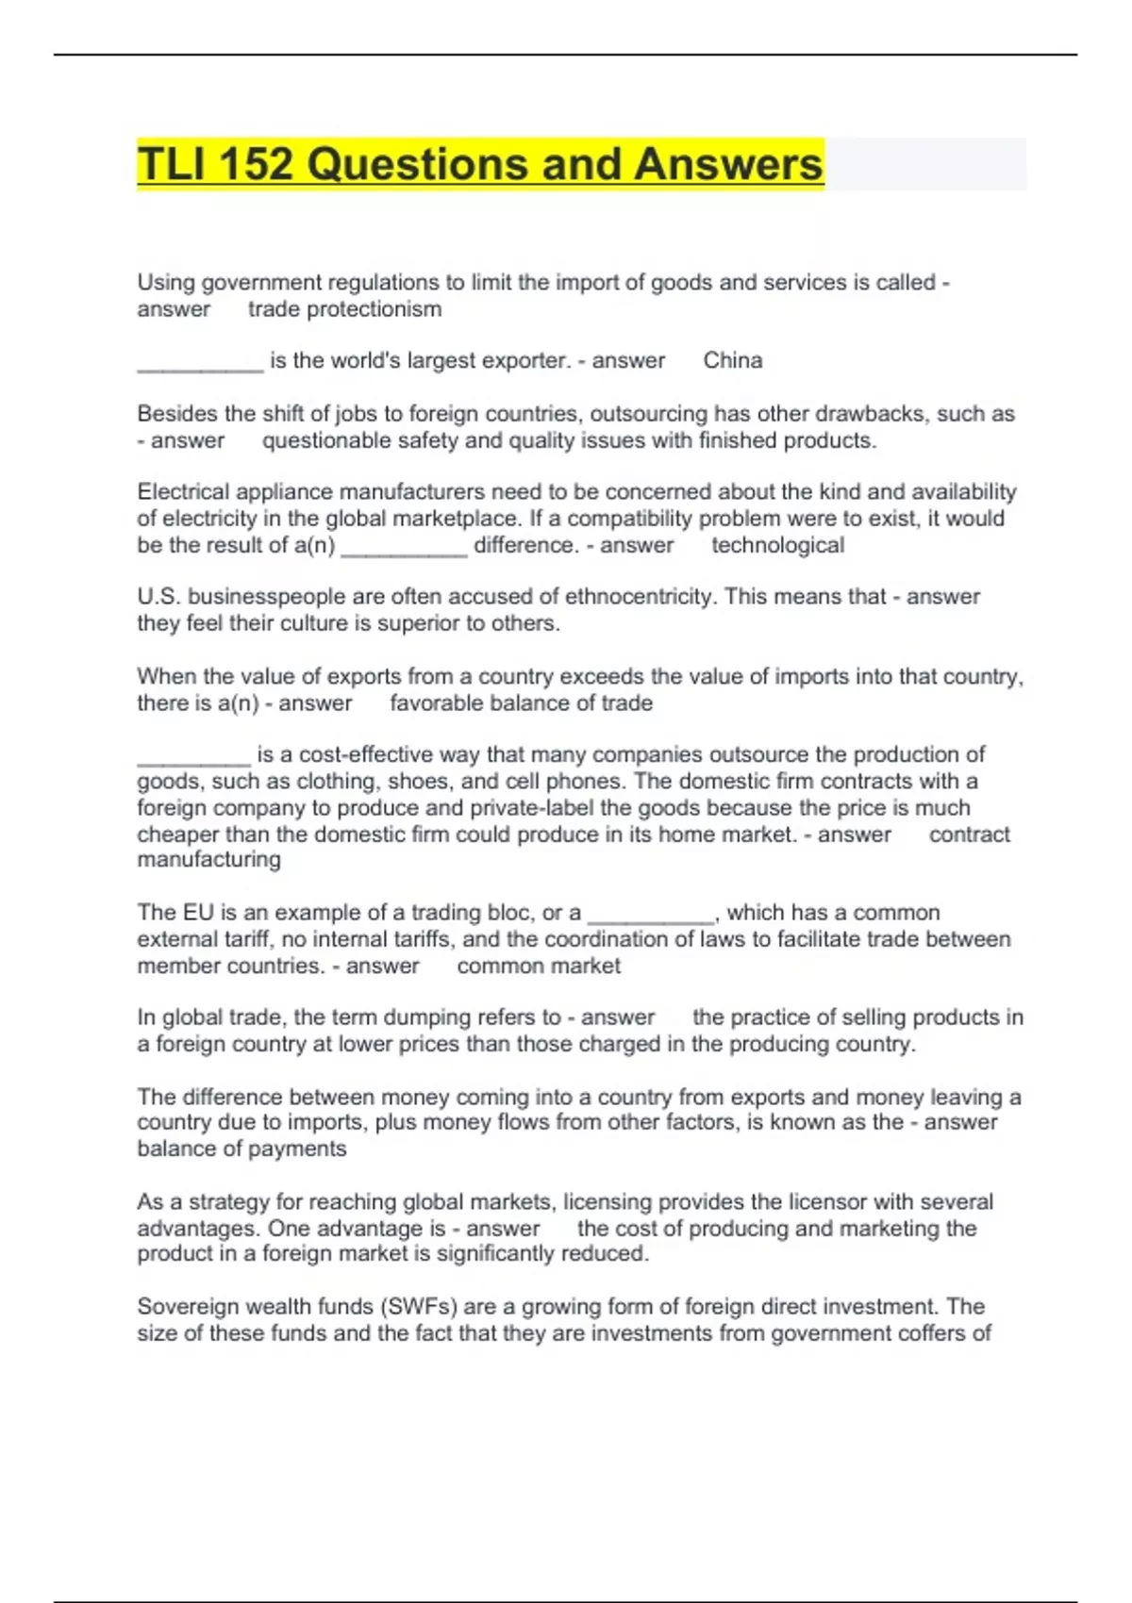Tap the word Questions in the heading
point(418,164)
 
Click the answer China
point(733,360)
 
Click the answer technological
point(777,545)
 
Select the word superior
point(432,623)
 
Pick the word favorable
point(434,703)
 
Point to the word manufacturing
point(208,859)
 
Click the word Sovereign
point(188,1307)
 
